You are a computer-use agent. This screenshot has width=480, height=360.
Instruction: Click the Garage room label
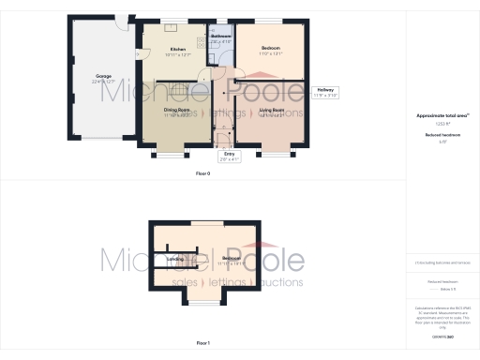click(103, 75)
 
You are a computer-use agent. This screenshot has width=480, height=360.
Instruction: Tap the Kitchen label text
click(177, 49)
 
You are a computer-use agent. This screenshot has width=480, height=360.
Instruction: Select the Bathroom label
click(220, 37)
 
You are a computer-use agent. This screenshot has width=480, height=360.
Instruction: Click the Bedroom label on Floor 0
click(271, 47)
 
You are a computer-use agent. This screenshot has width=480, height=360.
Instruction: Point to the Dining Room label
click(177, 110)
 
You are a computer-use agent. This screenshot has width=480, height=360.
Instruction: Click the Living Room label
click(271, 110)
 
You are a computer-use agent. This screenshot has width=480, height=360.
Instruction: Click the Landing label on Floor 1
click(175, 258)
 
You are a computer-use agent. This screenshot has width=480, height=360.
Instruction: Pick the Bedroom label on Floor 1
click(232, 258)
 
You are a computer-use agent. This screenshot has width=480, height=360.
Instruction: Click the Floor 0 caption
click(202, 174)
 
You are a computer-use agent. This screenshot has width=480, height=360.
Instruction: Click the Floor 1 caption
click(202, 344)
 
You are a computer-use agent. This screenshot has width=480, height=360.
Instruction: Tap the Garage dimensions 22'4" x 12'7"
click(103, 82)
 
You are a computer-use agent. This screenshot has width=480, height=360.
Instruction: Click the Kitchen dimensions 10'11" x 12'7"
click(177, 55)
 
